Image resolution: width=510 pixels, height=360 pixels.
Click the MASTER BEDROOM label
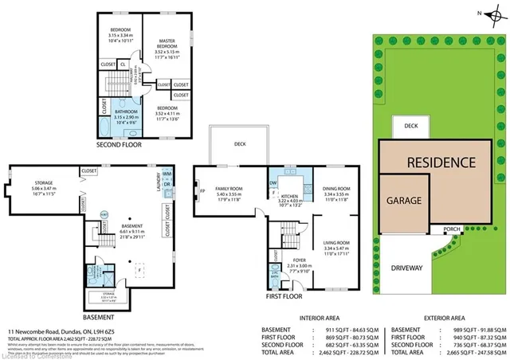[167, 41]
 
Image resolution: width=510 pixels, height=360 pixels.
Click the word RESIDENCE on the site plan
[441, 162]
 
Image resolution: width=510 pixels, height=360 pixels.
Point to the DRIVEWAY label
[406, 268]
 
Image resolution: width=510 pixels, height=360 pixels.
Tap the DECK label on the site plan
[410, 126]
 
